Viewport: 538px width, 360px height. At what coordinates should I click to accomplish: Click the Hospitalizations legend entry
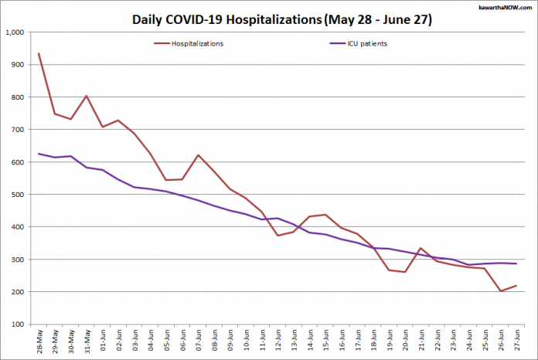[x=197, y=44]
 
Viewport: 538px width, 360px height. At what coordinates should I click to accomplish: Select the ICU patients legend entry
[x=363, y=44]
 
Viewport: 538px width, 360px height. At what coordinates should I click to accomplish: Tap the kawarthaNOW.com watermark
[x=502, y=6]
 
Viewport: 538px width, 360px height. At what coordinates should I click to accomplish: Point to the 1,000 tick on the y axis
[x=15, y=32]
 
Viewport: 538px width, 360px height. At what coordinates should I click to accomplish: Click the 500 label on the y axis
[x=19, y=195]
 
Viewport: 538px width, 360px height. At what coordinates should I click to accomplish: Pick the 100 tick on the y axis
[x=19, y=324]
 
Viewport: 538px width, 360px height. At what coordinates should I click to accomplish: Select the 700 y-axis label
[x=19, y=130]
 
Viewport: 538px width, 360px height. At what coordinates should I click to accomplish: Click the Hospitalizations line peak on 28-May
[x=39, y=54]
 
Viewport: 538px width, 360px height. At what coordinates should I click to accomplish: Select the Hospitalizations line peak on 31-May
[x=87, y=96]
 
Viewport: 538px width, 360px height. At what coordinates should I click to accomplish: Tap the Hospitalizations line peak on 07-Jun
[x=198, y=155]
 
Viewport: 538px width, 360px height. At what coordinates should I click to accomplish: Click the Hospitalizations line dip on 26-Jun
[x=500, y=291]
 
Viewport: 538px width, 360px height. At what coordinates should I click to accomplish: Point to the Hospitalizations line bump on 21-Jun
[x=421, y=248]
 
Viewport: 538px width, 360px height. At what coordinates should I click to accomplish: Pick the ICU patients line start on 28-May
[x=39, y=154]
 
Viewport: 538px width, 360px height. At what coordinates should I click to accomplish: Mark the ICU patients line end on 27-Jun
[x=516, y=263]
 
